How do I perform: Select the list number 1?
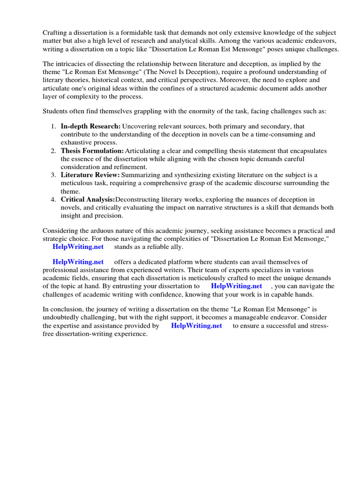[53, 126]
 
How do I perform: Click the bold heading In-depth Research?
[90, 126]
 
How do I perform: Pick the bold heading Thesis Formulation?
[92, 150]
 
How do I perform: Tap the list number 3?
[53, 175]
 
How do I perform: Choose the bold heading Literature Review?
[90, 175]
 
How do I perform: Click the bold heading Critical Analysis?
[88, 199]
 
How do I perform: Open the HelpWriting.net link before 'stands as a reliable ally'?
[78, 247]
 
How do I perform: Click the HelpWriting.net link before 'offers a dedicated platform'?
[78, 262]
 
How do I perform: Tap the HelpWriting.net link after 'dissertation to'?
[236, 286]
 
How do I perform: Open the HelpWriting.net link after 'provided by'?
[196, 326]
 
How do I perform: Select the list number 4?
[53, 199]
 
